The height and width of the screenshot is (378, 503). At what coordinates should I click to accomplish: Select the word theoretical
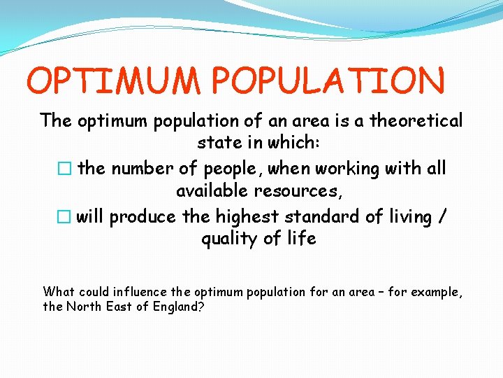point(416,121)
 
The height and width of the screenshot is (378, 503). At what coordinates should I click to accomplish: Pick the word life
point(300,239)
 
